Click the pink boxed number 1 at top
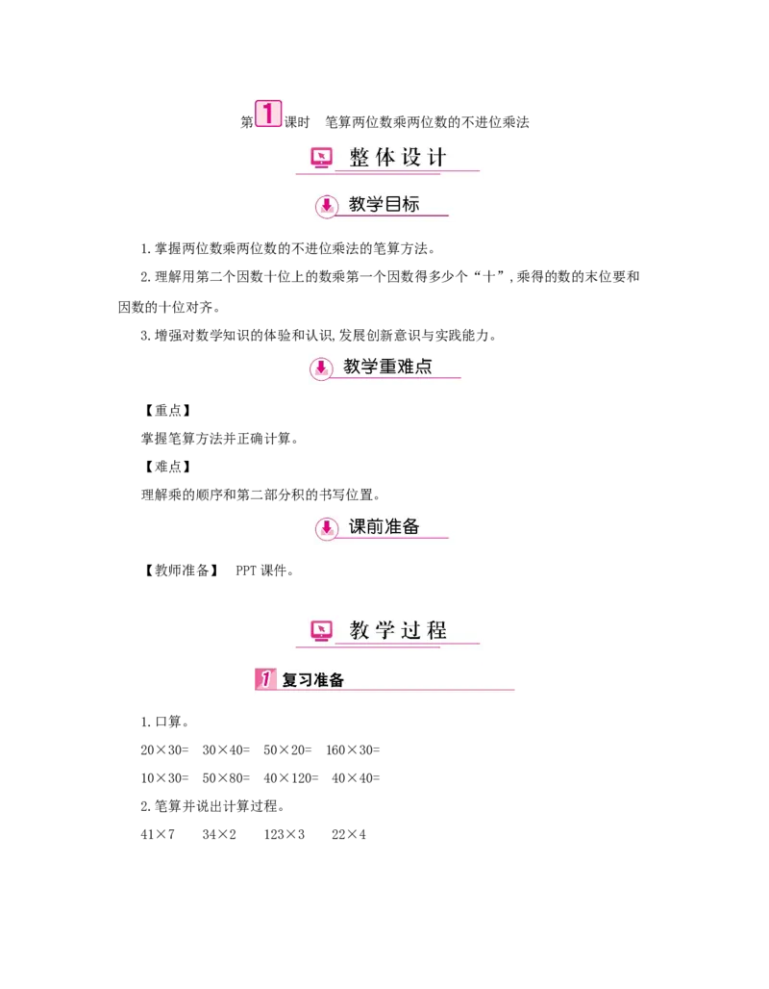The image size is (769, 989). [x=268, y=114]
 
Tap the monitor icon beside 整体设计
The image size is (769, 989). [x=321, y=157]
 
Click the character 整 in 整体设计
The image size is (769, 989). [x=360, y=158]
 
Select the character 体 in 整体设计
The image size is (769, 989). [x=385, y=158]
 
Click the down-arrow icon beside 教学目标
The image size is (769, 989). [x=327, y=205]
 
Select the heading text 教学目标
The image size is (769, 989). [x=384, y=204]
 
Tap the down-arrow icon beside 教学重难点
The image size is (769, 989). [x=321, y=367]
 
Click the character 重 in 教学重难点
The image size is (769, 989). [x=387, y=366]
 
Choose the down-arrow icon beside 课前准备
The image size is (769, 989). [x=327, y=527]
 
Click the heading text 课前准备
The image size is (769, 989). [x=384, y=527]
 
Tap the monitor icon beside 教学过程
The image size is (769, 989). [x=321, y=630]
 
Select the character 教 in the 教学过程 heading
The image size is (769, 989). [x=360, y=630]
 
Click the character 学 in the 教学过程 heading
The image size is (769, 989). [x=385, y=630]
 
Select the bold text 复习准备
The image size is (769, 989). [x=312, y=680]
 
